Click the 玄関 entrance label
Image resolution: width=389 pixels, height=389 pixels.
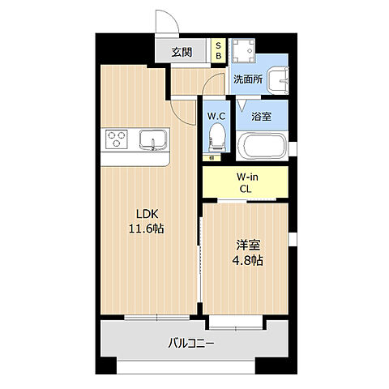pos(182,53)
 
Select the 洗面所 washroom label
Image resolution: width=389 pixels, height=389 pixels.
pos(248,79)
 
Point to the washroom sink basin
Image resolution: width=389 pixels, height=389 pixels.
pos(279,80)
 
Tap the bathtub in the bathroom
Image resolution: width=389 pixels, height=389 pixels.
pos(262,146)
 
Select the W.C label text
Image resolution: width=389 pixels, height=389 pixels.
pos(216,116)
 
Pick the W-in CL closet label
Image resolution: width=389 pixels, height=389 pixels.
pos(246,183)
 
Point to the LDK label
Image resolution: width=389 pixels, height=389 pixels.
pos(146,214)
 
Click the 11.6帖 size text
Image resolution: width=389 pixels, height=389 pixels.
pos(146,229)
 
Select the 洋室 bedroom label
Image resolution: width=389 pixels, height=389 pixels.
pos(246,246)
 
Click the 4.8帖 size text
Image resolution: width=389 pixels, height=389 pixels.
pos(246,261)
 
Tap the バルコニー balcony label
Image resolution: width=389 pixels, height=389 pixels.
pos(192,344)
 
